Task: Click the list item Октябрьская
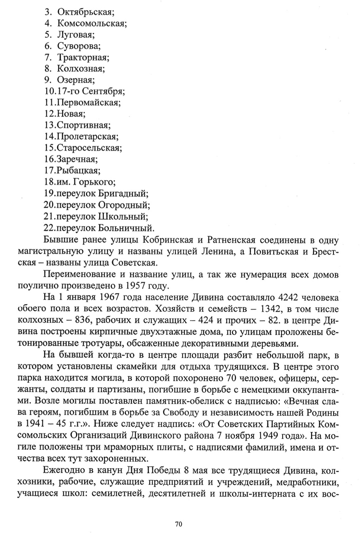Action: [x=86, y=12]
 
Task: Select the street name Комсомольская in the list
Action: [x=92, y=24]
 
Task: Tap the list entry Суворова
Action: [x=79, y=46]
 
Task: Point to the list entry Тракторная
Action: [x=83, y=58]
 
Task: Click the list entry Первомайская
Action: [x=88, y=102]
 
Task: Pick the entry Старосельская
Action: [x=89, y=148]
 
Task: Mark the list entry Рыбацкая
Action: [x=78, y=170]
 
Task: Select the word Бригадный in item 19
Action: [x=123, y=194]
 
